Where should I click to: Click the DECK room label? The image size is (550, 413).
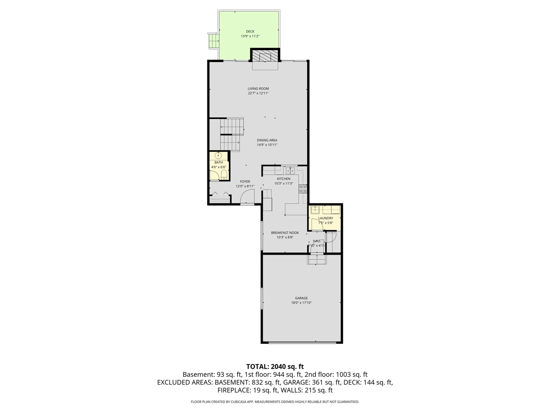250,31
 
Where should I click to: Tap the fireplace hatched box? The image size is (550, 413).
265,56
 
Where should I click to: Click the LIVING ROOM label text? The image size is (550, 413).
258,89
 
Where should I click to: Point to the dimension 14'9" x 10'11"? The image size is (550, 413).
267,145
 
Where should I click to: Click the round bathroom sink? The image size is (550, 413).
219,156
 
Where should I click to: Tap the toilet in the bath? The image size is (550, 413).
223,174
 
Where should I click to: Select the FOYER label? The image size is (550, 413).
245,182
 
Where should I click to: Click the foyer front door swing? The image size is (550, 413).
247,197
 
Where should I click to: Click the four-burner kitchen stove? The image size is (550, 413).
303,188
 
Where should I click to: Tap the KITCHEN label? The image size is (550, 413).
284,179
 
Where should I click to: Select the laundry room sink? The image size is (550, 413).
315,210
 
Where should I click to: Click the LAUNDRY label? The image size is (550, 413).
325,218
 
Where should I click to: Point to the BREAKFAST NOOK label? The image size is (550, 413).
285,233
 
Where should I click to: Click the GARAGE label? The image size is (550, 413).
301,298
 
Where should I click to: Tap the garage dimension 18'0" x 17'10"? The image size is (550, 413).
301,303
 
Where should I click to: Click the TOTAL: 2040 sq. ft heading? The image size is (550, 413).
275,367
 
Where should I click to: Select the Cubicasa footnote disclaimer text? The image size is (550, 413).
275,402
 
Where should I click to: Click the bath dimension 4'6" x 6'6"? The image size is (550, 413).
219,167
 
